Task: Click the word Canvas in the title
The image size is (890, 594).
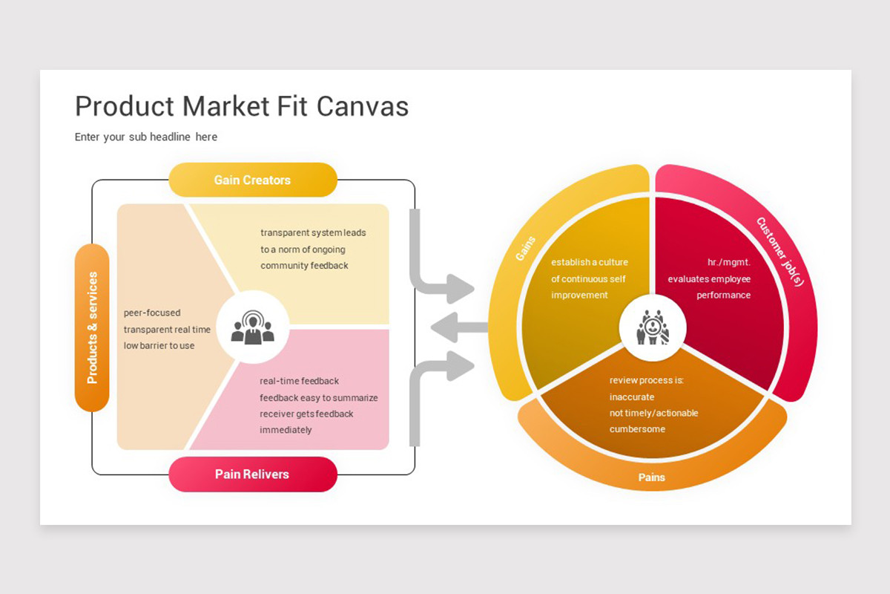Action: click(363, 106)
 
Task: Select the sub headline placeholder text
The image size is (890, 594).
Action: click(146, 137)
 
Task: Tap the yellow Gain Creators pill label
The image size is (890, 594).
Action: click(253, 180)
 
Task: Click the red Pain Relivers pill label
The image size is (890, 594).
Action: click(253, 474)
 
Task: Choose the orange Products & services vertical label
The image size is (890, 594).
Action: click(92, 327)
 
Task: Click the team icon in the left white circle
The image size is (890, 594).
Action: click(253, 327)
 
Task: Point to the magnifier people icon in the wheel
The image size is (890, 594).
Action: click(653, 327)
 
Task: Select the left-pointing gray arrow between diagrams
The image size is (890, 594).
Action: click(459, 327)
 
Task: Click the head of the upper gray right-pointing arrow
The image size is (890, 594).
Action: click(460, 288)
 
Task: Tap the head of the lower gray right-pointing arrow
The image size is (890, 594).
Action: click(460, 365)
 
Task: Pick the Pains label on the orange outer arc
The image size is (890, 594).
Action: click(652, 477)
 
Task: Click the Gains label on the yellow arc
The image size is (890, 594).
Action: click(525, 249)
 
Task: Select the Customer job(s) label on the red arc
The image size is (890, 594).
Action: click(780, 252)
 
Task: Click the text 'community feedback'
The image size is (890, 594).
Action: click(304, 265)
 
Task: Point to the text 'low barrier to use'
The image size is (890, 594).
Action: click(159, 345)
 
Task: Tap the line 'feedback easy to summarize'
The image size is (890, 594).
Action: click(319, 397)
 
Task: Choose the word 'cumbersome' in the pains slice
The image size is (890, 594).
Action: click(637, 429)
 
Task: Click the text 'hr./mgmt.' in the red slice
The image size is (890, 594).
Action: click(728, 262)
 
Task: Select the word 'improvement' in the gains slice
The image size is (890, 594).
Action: click(579, 296)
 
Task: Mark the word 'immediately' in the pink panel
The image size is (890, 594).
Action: click(286, 430)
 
